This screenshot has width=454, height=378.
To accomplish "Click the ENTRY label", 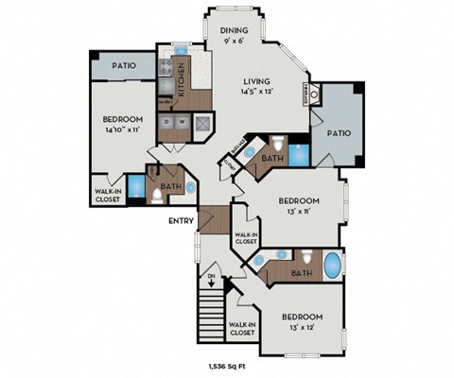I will click(x=181, y=221).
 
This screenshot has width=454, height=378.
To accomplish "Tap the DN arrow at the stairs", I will click(x=211, y=280).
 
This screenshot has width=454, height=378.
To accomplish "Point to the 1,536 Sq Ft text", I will click(x=228, y=365).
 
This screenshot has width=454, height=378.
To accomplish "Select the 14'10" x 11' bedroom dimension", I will click(x=123, y=130).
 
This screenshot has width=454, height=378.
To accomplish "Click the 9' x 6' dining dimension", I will click(x=234, y=41).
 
